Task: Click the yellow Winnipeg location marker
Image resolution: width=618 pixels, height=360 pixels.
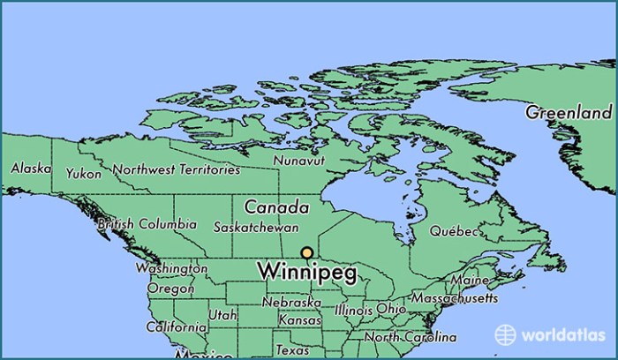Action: [306, 253]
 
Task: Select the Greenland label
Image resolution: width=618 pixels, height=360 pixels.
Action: [569, 113]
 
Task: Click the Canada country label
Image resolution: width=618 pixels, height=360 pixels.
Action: [276, 208]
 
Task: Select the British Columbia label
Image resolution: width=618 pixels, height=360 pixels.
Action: [147, 224]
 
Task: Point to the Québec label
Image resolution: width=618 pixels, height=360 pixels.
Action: [454, 231]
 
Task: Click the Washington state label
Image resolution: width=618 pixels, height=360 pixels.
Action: [170, 268]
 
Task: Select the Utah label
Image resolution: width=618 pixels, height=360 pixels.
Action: [222, 314]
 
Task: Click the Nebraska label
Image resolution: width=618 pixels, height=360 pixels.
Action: [290, 302]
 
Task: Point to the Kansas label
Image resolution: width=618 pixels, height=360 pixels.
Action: [298, 320]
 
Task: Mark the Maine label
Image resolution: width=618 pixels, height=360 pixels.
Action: [468, 281]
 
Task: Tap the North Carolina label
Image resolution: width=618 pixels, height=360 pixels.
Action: [411, 337]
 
